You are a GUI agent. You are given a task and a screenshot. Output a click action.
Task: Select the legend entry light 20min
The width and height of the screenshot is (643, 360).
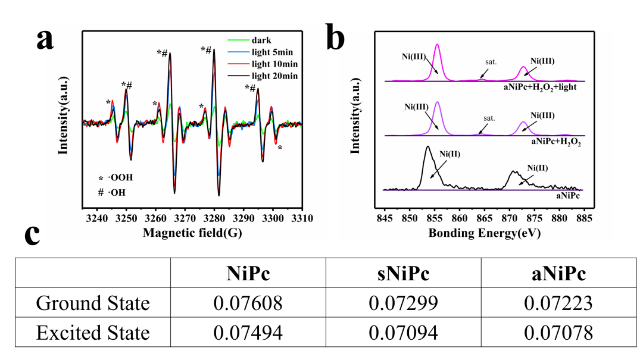pyautogui.click(x=274, y=76)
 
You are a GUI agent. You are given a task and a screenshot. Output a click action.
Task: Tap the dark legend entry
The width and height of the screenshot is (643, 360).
pyautogui.click(x=261, y=40)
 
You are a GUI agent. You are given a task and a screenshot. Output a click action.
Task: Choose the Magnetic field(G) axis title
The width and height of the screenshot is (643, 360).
pyautogui.click(x=192, y=233)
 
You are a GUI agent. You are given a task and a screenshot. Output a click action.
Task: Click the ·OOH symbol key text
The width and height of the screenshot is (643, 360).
pyautogui.click(x=120, y=177)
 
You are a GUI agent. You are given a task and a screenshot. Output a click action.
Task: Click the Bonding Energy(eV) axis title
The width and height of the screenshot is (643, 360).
pyautogui.click(x=484, y=233)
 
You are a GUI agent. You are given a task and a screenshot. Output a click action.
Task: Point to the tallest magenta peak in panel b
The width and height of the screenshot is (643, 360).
pyautogui.click(x=438, y=45)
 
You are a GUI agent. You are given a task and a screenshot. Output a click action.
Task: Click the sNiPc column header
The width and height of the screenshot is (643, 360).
pyautogui.click(x=403, y=273)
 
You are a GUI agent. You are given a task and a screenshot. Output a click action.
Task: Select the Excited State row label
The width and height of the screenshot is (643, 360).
pyautogui.click(x=93, y=333)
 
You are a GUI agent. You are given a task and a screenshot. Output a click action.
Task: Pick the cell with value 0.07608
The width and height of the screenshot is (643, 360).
pyautogui.click(x=248, y=303)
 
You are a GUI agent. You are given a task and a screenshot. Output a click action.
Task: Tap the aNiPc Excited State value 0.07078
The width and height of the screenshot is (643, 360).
pyautogui.click(x=558, y=333)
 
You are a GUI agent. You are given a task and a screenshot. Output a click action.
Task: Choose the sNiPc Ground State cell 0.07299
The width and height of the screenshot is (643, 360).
pyautogui.click(x=403, y=303)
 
